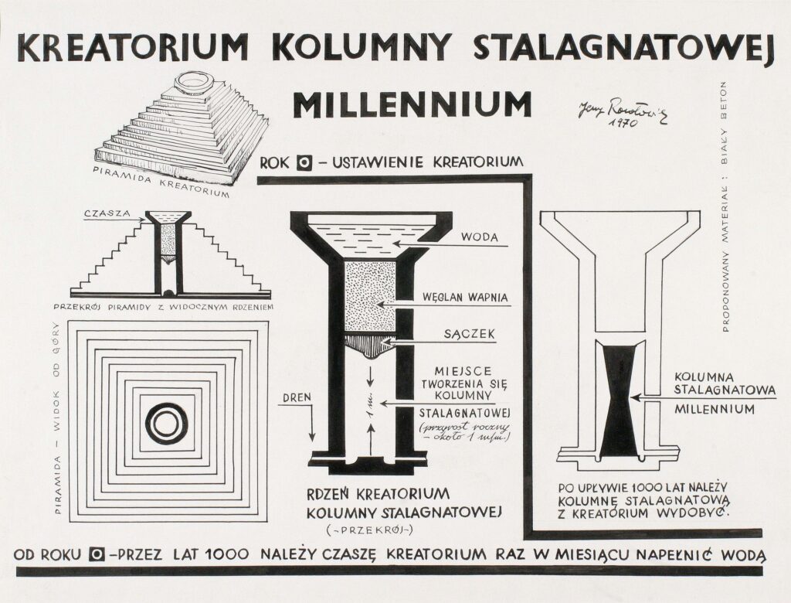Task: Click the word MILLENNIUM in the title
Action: tap(412, 104)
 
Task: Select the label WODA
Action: tap(481, 237)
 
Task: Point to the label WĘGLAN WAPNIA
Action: tap(464, 297)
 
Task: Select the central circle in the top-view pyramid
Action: tap(167, 423)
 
